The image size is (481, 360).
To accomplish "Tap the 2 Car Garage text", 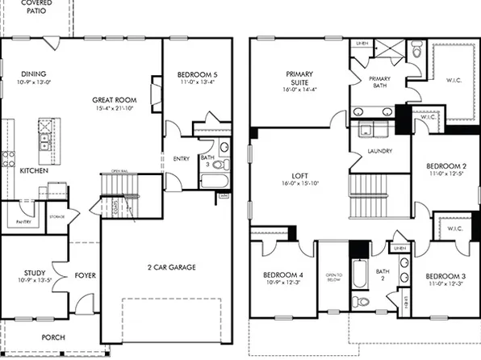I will [171, 267].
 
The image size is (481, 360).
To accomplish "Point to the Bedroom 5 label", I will [197, 74].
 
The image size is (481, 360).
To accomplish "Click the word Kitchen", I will [29, 171].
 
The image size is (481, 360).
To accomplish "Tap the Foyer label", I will [86, 276].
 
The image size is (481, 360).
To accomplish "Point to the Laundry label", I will [379, 151].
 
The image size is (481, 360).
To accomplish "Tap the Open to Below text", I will [333, 276].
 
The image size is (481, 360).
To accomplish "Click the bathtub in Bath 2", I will [358, 278].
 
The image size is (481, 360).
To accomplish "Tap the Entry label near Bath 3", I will [181, 159].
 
